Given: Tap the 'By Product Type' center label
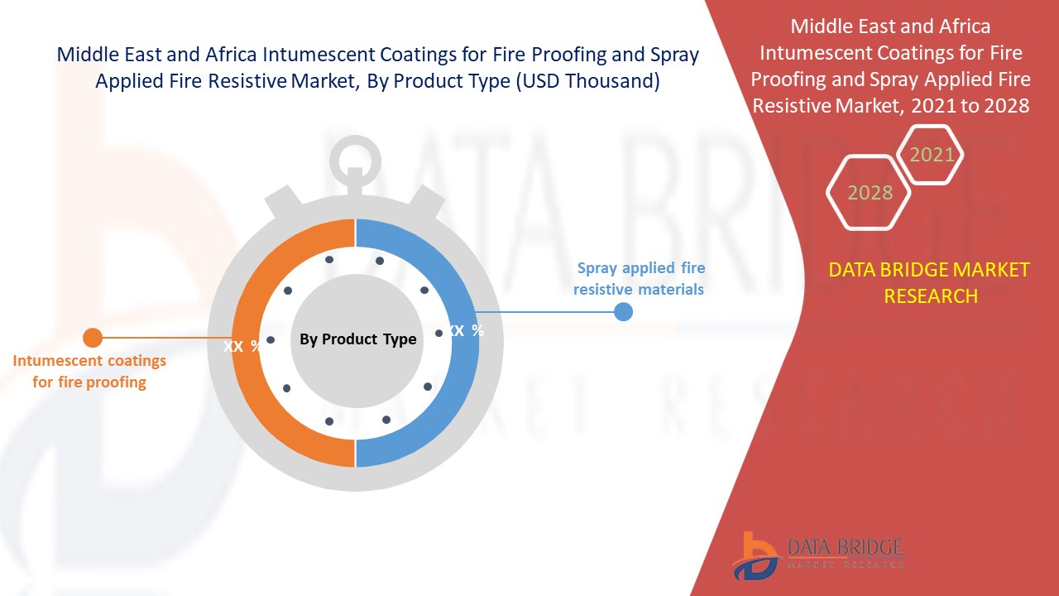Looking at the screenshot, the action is pyautogui.click(x=358, y=339).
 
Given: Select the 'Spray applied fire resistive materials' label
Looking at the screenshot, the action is pyautogui.click(x=640, y=279).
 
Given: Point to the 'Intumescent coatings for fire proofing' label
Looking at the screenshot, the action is pyautogui.click(x=89, y=372).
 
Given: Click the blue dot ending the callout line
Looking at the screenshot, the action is pyautogui.click(x=623, y=312).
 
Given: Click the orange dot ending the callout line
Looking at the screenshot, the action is pyautogui.click(x=93, y=338).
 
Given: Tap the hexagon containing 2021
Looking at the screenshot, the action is pyautogui.click(x=929, y=155).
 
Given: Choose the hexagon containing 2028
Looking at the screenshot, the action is pyautogui.click(x=869, y=193).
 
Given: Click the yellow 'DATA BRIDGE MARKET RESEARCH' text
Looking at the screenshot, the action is pyautogui.click(x=929, y=283).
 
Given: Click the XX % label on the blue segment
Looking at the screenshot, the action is pyautogui.click(x=466, y=330).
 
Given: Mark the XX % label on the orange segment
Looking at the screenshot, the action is pyautogui.click(x=242, y=346).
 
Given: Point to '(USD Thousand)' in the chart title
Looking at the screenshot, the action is pyautogui.click(x=587, y=81).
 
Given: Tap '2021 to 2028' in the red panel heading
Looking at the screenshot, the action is pyautogui.click(x=970, y=105).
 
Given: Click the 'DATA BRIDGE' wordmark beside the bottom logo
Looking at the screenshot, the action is pyautogui.click(x=846, y=548).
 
